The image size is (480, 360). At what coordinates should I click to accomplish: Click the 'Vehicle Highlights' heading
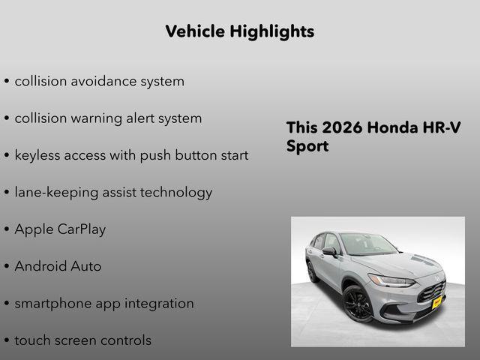point(239,31)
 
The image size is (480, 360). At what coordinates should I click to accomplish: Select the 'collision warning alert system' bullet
point(108,118)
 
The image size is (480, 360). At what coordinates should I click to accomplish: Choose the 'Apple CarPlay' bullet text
point(60,229)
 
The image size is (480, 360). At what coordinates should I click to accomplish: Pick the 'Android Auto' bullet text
point(58,266)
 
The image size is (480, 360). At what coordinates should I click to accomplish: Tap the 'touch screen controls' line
point(82,340)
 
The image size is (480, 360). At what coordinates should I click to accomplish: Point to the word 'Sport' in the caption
point(307,146)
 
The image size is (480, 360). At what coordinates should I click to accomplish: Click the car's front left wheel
point(358,304)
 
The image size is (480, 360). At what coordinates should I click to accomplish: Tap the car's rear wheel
point(312,271)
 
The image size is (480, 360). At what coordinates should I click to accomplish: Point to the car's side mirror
point(330,252)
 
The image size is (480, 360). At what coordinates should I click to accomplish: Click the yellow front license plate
point(437,301)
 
